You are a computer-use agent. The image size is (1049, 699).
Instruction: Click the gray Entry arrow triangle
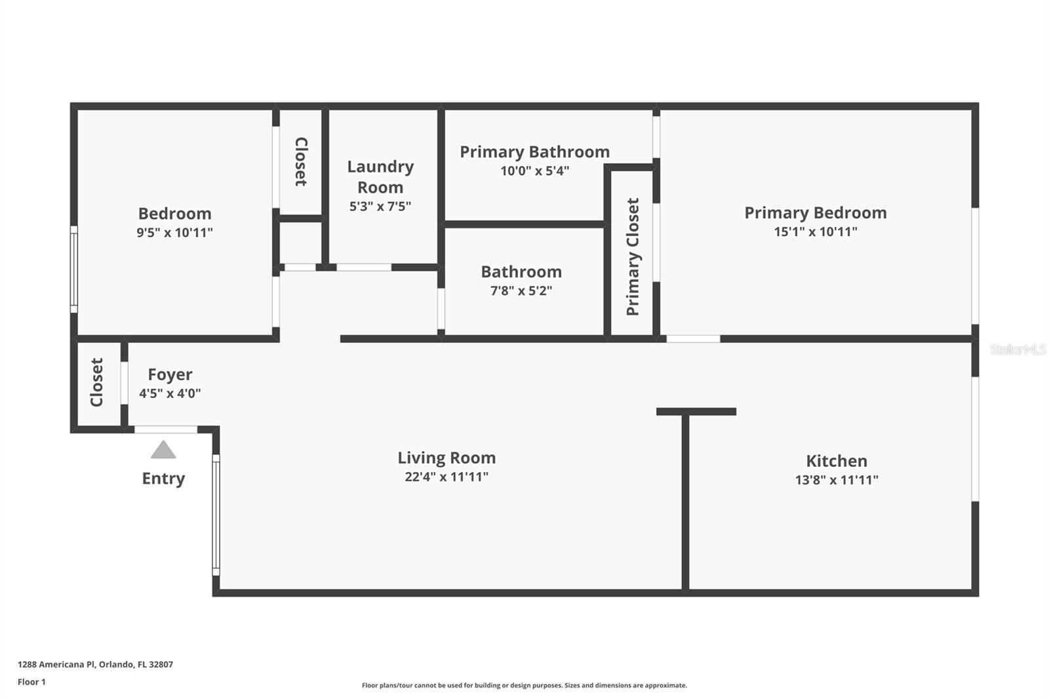163,450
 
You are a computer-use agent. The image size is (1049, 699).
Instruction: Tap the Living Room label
446,458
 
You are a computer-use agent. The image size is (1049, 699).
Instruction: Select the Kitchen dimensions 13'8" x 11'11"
837,480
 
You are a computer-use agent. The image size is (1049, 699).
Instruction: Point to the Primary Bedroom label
816,212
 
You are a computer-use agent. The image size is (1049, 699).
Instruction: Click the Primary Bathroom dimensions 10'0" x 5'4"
534,170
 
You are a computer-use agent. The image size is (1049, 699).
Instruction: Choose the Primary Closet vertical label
632,257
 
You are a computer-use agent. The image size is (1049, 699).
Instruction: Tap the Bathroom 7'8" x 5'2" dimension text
521,290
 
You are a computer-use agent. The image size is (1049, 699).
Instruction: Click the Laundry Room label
380,176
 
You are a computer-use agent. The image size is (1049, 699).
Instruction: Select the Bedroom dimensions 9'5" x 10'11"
174,232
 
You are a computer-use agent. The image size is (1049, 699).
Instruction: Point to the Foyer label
170,374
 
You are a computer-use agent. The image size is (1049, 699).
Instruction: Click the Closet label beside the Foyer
96,382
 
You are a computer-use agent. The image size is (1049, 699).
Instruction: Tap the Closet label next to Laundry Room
301,161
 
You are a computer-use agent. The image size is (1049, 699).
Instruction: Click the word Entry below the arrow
163,478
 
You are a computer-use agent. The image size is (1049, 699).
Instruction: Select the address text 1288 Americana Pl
56,664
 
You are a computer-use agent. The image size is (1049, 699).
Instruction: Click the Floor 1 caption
31,682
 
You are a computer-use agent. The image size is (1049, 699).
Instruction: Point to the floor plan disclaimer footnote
524,685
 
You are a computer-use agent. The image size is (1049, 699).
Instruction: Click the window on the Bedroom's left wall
73,269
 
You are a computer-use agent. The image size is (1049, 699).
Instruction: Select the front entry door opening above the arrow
166,429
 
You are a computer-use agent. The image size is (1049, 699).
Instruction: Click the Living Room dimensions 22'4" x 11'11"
446,477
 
